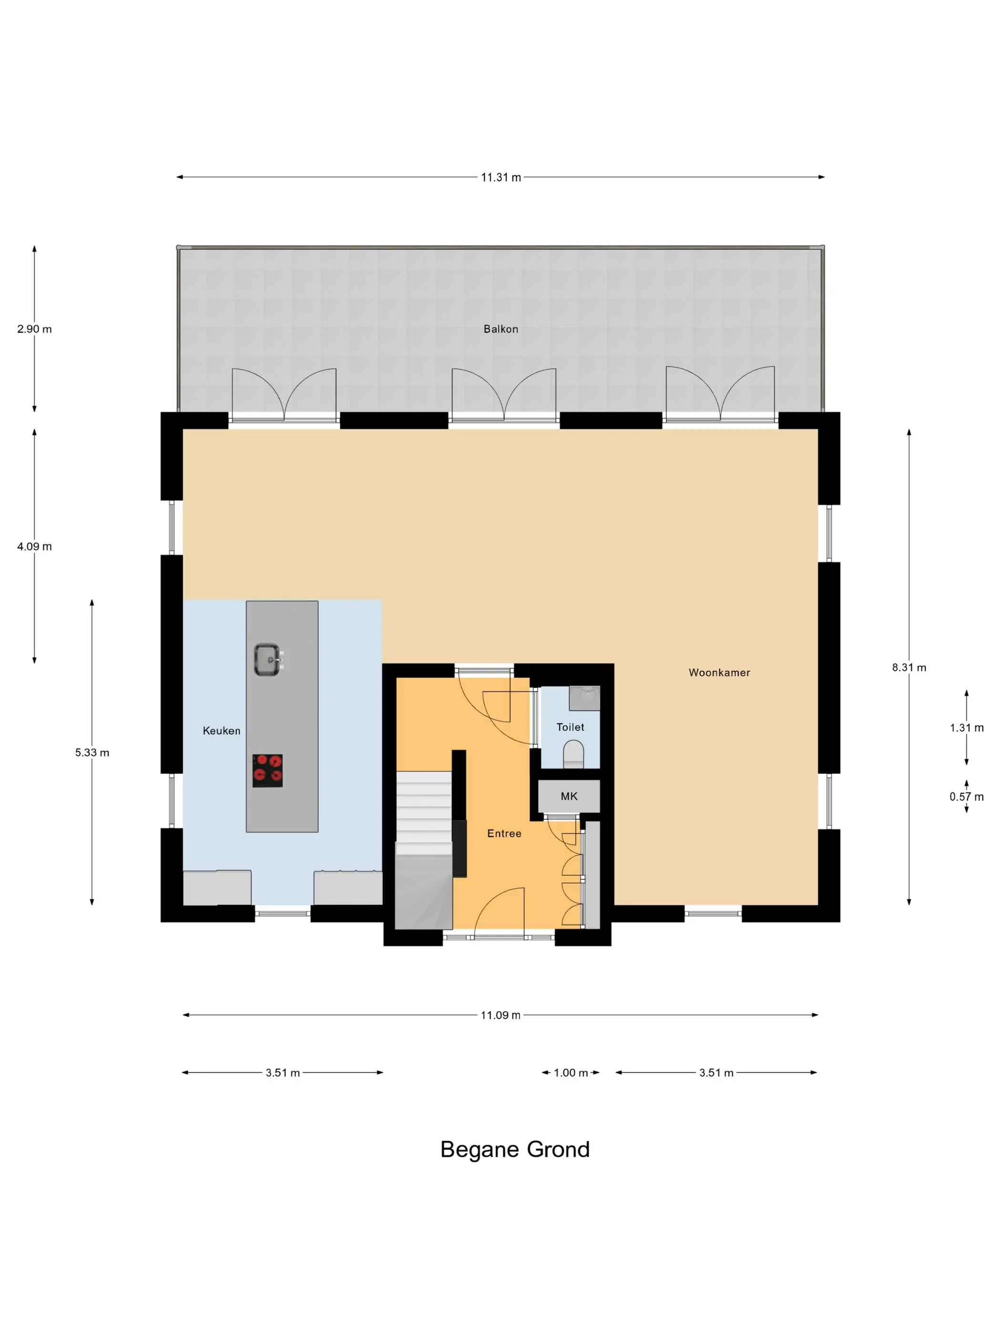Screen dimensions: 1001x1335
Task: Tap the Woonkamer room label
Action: coord(719,672)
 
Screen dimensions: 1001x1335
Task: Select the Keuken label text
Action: coord(222,731)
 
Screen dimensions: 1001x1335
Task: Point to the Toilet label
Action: coord(570,727)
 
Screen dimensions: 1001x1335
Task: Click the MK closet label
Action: coord(569,797)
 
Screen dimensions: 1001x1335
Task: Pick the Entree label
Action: coord(504,833)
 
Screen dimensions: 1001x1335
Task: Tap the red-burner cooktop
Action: coord(267,770)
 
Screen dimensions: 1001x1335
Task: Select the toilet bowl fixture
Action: coord(573,754)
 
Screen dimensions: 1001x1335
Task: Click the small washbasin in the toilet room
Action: coord(584,698)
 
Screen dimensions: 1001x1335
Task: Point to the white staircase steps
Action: coord(424,812)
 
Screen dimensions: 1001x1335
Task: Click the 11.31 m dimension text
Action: coord(501,177)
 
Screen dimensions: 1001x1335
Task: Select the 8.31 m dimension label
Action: coord(909,667)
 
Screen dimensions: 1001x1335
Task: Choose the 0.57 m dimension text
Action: coord(966,797)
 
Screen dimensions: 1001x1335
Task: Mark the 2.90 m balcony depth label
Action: coord(34,329)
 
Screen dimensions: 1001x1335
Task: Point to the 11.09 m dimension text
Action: coord(500,1015)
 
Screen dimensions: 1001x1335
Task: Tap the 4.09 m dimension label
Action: coord(34,546)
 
